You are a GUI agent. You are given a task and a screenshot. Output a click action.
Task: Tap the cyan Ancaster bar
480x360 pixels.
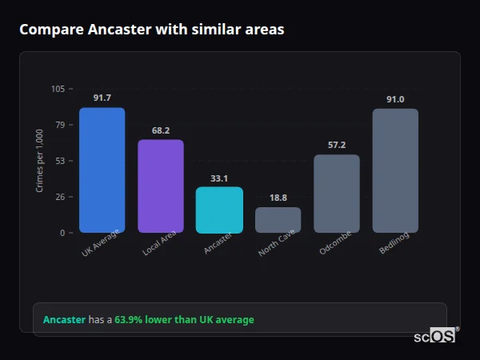point(219,210)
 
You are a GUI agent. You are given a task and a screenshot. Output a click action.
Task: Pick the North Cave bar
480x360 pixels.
point(278,220)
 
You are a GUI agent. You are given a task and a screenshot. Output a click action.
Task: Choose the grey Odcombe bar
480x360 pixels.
point(337,194)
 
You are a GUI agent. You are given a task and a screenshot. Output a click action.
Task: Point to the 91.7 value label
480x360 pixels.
point(102,98)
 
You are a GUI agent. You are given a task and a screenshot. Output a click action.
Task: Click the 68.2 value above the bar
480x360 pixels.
point(161,130)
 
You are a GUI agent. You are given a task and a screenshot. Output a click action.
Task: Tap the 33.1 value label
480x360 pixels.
point(219,178)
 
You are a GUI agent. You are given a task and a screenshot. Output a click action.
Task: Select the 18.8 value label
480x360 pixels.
point(278,197)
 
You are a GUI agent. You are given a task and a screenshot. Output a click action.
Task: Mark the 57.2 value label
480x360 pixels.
point(337,145)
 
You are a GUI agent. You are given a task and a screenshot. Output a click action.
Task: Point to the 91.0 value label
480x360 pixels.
point(395,99)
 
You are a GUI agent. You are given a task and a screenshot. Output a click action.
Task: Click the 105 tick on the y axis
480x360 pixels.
point(58,89)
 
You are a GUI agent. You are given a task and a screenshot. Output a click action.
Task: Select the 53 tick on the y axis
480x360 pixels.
point(60,161)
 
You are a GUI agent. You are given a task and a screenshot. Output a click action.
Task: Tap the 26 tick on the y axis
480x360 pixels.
point(60,197)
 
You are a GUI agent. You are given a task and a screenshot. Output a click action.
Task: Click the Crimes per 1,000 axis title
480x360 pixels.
point(40,161)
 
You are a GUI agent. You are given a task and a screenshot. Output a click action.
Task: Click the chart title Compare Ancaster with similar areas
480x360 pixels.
point(151,30)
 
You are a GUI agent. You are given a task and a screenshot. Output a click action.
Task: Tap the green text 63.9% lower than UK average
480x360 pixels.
point(184,320)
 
